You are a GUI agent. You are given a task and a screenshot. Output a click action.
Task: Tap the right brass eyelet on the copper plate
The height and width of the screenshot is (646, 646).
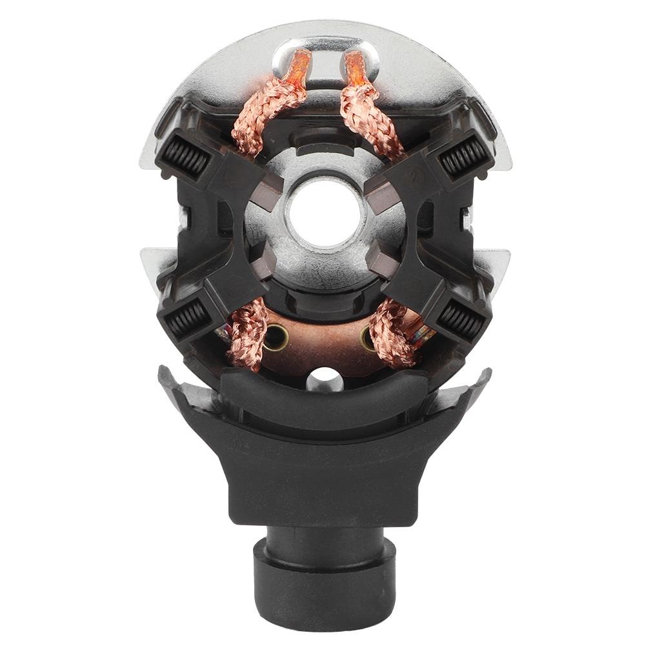coord(369,336)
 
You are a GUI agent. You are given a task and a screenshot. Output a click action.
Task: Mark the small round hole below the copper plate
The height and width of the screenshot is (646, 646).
coord(322,376)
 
